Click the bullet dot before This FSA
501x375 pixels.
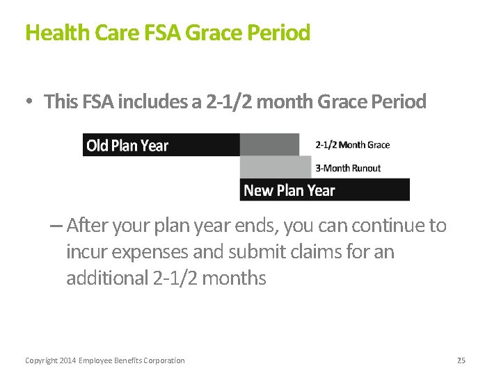[x=29, y=102]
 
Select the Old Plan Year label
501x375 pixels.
[x=127, y=145]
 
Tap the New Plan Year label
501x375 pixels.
[x=289, y=190]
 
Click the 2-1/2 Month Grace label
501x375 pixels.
[x=352, y=145]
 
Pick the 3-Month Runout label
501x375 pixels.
[x=348, y=168]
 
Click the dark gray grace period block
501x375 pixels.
[x=269, y=144]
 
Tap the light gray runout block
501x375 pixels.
[x=275, y=167]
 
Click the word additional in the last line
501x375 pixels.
[x=106, y=278]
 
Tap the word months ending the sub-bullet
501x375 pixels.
[x=236, y=278]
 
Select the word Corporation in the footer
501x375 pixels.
[x=164, y=360]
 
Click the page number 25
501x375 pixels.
[x=461, y=360]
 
